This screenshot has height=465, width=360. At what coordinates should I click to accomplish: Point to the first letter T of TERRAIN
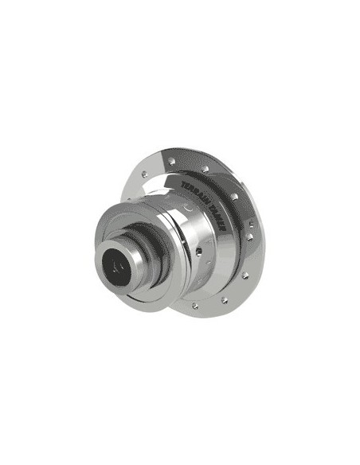pos(184,182)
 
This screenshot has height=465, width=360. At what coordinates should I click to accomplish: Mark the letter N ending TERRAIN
pos(206,199)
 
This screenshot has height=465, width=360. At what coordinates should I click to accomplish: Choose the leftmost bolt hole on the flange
pos(143,173)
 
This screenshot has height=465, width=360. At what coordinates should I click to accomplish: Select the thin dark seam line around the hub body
pos(191,255)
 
